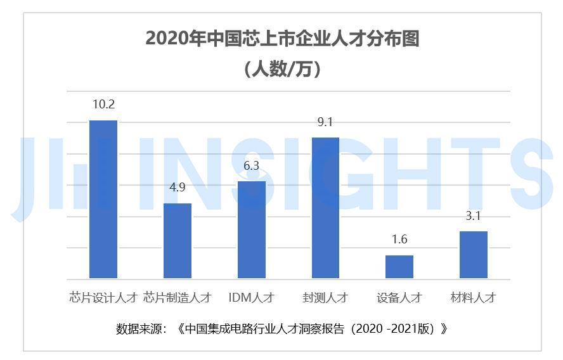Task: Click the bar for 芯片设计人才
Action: click(x=103, y=199)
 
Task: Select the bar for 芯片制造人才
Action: click(x=178, y=241)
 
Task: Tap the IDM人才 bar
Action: click(x=252, y=229)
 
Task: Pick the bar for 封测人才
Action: click(x=325, y=208)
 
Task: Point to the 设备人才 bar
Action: click(x=399, y=267)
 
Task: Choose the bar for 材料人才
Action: click(x=474, y=255)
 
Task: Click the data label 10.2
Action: click(x=103, y=105)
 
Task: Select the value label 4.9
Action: click(x=178, y=188)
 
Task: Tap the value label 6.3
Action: click(x=252, y=166)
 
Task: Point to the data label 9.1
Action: click(x=325, y=122)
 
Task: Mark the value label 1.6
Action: click(x=399, y=240)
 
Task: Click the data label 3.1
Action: click(x=474, y=216)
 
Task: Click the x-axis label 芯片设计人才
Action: click(x=103, y=297)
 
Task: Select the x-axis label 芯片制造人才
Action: click(x=178, y=297)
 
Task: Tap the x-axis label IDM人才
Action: click(x=252, y=297)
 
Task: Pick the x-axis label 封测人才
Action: click(x=325, y=297)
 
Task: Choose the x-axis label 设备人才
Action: click(x=399, y=297)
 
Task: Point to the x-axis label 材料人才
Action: click(x=474, y=297)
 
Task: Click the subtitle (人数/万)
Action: click(x=282, y=68)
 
